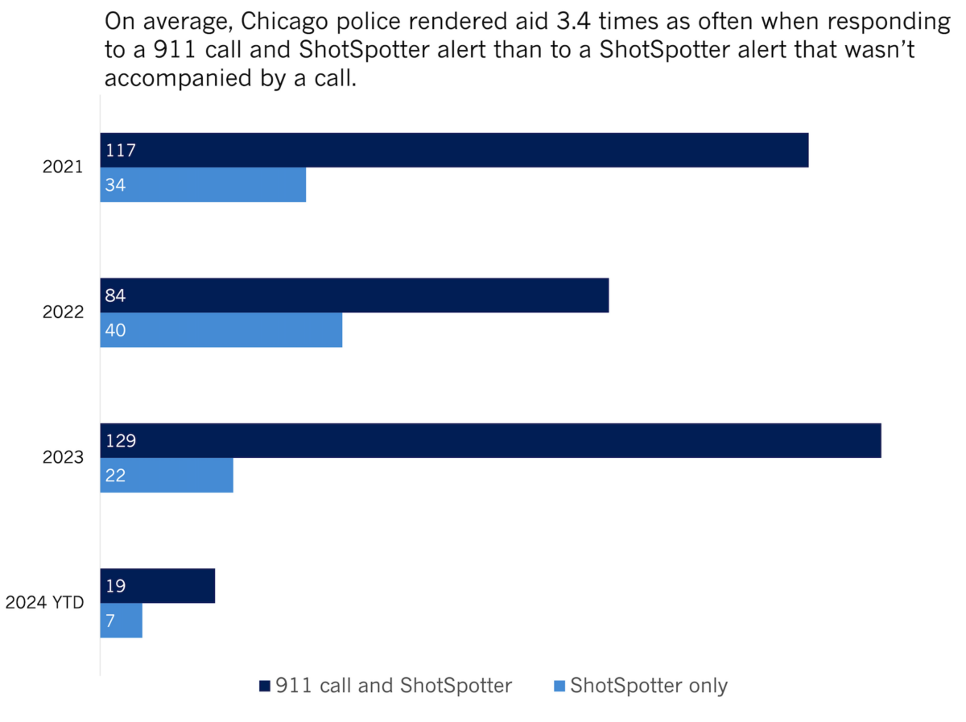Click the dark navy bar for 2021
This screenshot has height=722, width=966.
(x=454, y=151)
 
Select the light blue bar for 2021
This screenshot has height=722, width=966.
(x=203, y=185)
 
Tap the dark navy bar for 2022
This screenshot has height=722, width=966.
(x=354, y=295)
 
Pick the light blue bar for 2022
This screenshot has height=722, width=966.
(x=221, y=330)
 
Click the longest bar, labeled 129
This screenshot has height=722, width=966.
(x=490, y=441)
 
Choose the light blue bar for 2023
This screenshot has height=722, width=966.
(x=167, y=476)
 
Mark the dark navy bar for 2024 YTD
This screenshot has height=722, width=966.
(x=158, y=586)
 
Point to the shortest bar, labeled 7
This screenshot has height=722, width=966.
(x=122, y=621)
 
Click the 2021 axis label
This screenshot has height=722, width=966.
(x=63, y=167)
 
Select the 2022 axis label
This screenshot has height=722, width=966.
(x=63, y=313)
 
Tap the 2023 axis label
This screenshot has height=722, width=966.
(x=63, y=458)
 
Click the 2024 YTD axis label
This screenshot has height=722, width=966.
(x=45, y=603)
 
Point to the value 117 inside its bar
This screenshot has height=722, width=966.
(x=120, y=151)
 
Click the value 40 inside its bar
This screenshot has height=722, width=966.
(x=116, y=330)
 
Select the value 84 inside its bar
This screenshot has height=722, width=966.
(x=116, y=295)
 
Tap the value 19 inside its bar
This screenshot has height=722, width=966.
(x=115, y=586)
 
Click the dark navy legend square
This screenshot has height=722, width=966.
(x=264, y=686)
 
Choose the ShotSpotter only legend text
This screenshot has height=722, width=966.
(x=648, y=686)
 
